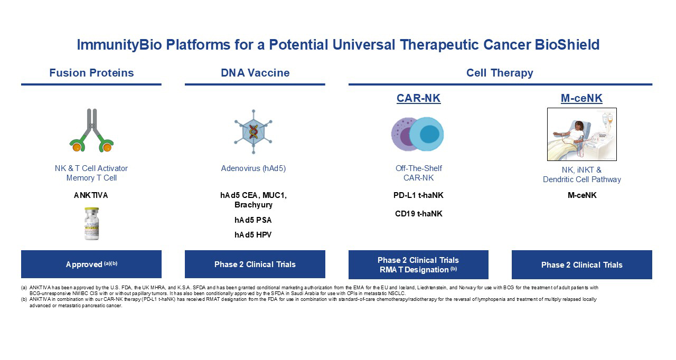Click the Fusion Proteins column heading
point(91,73)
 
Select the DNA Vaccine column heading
point(255,73)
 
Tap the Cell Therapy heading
point(500,73)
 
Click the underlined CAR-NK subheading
point(418,98)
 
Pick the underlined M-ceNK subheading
point(581,98)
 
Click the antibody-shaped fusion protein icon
point(92,130)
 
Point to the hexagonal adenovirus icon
point(253,132)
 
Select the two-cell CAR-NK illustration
point(418,134)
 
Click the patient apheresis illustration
point(581,134)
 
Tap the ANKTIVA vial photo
point(92,223)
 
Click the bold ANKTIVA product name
point(91,195)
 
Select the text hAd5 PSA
point(253,220)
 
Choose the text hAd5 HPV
point(253,234)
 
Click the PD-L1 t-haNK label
point(419,195)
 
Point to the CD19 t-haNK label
point(419,214)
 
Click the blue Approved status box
point(91,264)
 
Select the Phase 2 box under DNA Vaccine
point(255,264)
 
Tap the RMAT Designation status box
point(418,264)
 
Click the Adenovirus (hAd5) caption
point(253,168)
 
